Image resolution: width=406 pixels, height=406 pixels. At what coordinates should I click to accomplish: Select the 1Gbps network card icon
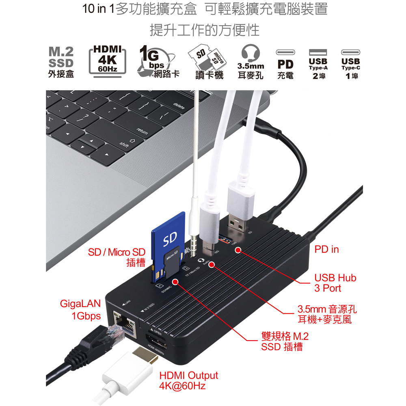click(156, 62)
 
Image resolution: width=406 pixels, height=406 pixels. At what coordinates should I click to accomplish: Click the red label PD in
click(326, 249)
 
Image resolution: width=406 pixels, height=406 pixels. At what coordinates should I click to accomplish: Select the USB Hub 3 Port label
click(335, 283)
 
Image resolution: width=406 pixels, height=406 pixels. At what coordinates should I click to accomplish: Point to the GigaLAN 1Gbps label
click(80, 310)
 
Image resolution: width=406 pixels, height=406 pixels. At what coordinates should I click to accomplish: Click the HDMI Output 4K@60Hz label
click(188, 380)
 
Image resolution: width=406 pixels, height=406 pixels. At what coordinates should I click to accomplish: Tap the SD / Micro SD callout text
click(117, 257)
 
